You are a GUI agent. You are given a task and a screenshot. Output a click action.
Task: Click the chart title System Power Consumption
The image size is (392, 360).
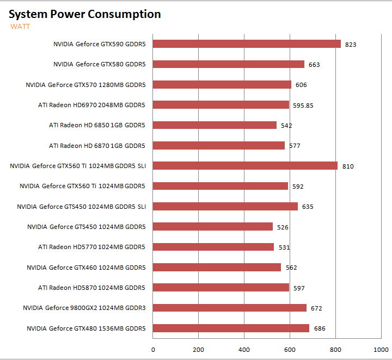85,14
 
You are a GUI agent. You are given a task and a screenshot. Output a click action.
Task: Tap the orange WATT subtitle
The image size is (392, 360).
20,26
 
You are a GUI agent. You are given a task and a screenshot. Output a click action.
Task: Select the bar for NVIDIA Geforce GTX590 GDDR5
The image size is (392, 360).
247,44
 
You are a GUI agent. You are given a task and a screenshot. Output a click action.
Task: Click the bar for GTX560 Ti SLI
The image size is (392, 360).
245,166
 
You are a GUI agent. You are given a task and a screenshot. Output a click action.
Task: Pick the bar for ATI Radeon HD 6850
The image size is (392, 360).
215,125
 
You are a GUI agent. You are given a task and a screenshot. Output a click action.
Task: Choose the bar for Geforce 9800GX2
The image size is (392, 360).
229,308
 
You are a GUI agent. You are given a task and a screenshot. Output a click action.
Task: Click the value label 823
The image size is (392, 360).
351,45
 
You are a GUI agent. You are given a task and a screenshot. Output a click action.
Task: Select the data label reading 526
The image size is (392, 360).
283,227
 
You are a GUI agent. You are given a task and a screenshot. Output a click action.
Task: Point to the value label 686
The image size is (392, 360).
320,328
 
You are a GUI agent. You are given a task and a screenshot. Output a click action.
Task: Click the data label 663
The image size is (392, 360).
314,65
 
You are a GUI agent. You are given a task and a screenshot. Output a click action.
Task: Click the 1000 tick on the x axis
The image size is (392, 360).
381,349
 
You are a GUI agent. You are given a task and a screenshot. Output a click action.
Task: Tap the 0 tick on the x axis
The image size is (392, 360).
153,349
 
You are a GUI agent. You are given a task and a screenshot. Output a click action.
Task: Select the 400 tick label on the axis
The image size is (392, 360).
244,349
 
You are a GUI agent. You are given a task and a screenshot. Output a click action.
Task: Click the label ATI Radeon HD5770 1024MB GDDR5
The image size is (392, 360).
91,247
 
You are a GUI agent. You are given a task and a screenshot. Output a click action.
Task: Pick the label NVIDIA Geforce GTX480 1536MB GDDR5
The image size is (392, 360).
86,328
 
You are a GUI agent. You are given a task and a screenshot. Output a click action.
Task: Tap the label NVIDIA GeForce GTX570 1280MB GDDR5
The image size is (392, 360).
85,85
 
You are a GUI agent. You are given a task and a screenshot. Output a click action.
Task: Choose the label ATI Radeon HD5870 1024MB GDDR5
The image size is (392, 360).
91,288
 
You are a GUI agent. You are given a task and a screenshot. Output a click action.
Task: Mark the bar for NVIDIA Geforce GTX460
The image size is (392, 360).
217,267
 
